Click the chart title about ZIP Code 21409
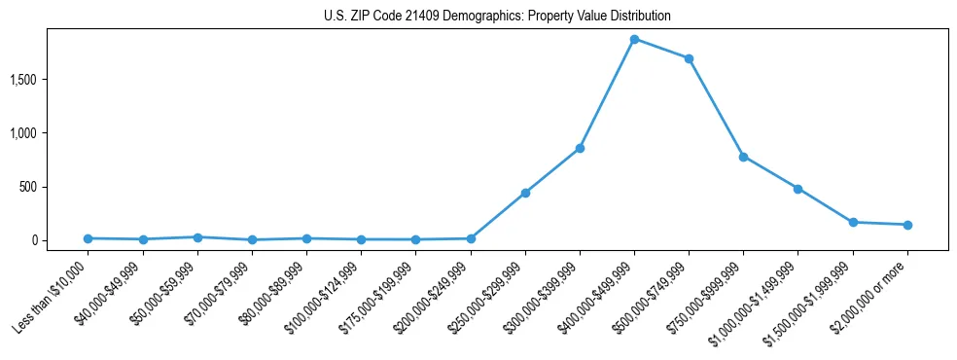pos(497,17)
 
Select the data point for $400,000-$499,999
pos(634,40)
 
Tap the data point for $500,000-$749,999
pos(689,58)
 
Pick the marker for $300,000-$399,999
pos(580,148)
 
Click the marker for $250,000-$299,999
pos(525,193)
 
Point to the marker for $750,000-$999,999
pos(743,157)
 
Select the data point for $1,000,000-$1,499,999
pos(797,189)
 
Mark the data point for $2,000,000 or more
pos(907,225)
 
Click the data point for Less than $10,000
pos(89,238)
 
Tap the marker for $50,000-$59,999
pos(197,237)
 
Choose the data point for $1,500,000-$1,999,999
pos(853,222)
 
